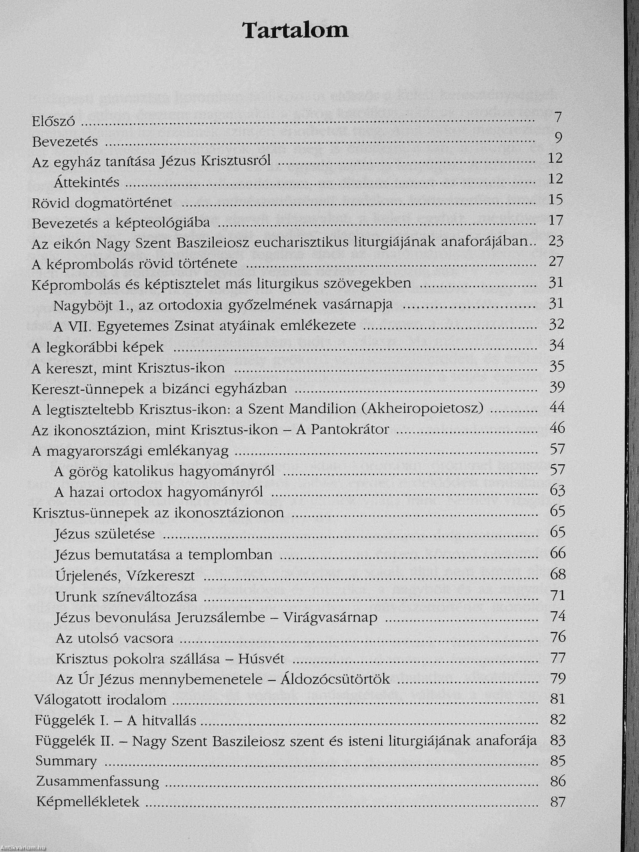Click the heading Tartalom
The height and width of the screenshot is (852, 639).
295,31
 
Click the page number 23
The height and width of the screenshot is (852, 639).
556,241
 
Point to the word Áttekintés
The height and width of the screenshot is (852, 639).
87,181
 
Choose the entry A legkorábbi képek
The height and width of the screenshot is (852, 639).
98,347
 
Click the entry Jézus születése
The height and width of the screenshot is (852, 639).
105,534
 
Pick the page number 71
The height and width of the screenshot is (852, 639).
557,595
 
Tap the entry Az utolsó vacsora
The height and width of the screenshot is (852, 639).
114,638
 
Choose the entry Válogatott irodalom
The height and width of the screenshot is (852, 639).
100,700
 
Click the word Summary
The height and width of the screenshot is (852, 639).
66,762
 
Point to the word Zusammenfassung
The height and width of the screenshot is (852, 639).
97,782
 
